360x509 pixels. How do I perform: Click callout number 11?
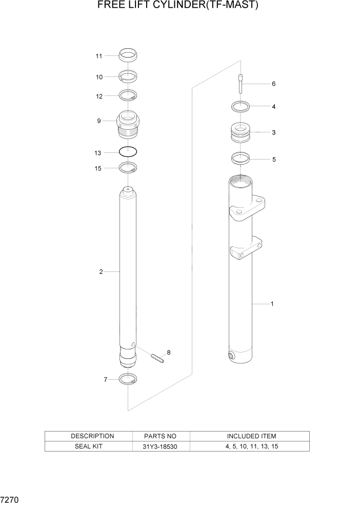pyautogui.click(x=99, y=55)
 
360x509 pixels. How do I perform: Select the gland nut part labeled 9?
pyautogui.click(x=128, y=125)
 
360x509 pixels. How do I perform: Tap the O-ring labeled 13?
pyautogui.click(x=128, y=152)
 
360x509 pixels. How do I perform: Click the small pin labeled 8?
pyautogui.click(x=157, y=358)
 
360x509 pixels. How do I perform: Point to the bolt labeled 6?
pyautogui.click(x=241, y=84)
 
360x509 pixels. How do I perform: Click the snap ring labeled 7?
pyautogui.click(x=128, y=380)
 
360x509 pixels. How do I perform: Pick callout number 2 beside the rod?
pyautogui.click(x=101, y=272)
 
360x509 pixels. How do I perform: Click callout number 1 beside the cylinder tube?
pyautogui.click(x=272, y=304)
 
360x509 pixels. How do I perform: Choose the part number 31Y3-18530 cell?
pyautogui.click(x=161, y=446)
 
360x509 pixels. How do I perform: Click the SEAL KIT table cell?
pyautogui.click(x=89, y=446)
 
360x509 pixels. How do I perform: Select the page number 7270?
pyautogui.click(x=10, y=499)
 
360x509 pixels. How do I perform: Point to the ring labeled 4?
pyautogui.click(x=241, y=107)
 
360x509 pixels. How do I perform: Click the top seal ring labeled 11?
pyautogui.click(x=128, y=54)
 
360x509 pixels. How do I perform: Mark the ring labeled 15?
pyautogui.click(x=128, y=167)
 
